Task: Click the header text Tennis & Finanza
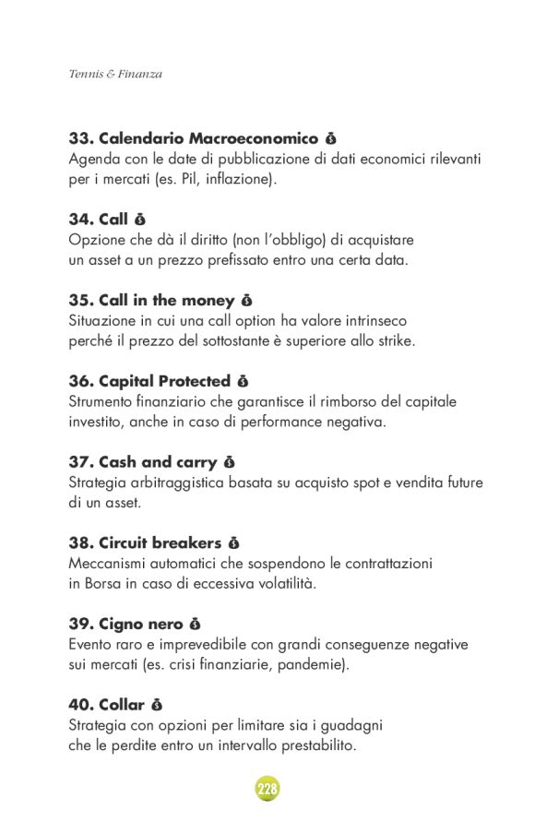point(115,74)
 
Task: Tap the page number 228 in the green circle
point(267,789)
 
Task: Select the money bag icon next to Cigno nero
point(195,625)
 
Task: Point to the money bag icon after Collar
point(157,706)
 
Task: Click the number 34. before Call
point(81,220)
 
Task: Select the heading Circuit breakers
point(160,543)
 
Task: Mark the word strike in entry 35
point(395,341)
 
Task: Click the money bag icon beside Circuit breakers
point(233,543)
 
